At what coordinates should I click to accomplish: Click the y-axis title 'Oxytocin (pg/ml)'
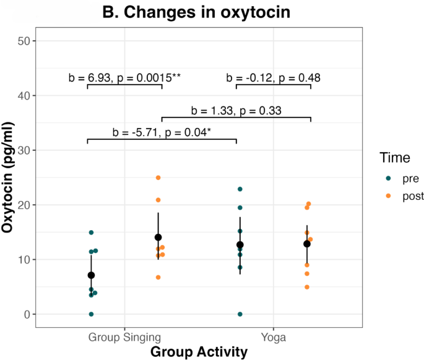pos(8,177)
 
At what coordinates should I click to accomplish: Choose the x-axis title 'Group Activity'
pos(199,351)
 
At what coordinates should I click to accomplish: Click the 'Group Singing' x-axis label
pos(124,337)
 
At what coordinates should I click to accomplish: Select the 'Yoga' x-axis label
pos(274,337)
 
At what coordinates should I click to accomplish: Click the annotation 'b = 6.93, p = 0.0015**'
pos(124,77)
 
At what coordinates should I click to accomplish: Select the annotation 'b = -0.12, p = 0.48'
pos(274,77)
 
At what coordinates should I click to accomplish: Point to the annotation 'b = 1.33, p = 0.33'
pos(236,111)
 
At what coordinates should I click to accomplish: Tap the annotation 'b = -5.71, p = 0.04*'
pos(162,132)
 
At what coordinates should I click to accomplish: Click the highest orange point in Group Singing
pos(158,178)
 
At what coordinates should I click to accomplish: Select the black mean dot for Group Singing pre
pos(91,275)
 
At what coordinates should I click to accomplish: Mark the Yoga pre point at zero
pos(240,314)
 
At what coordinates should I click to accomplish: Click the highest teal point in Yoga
pos(240,189)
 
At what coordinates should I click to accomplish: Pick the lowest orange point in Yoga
pos(306,287)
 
